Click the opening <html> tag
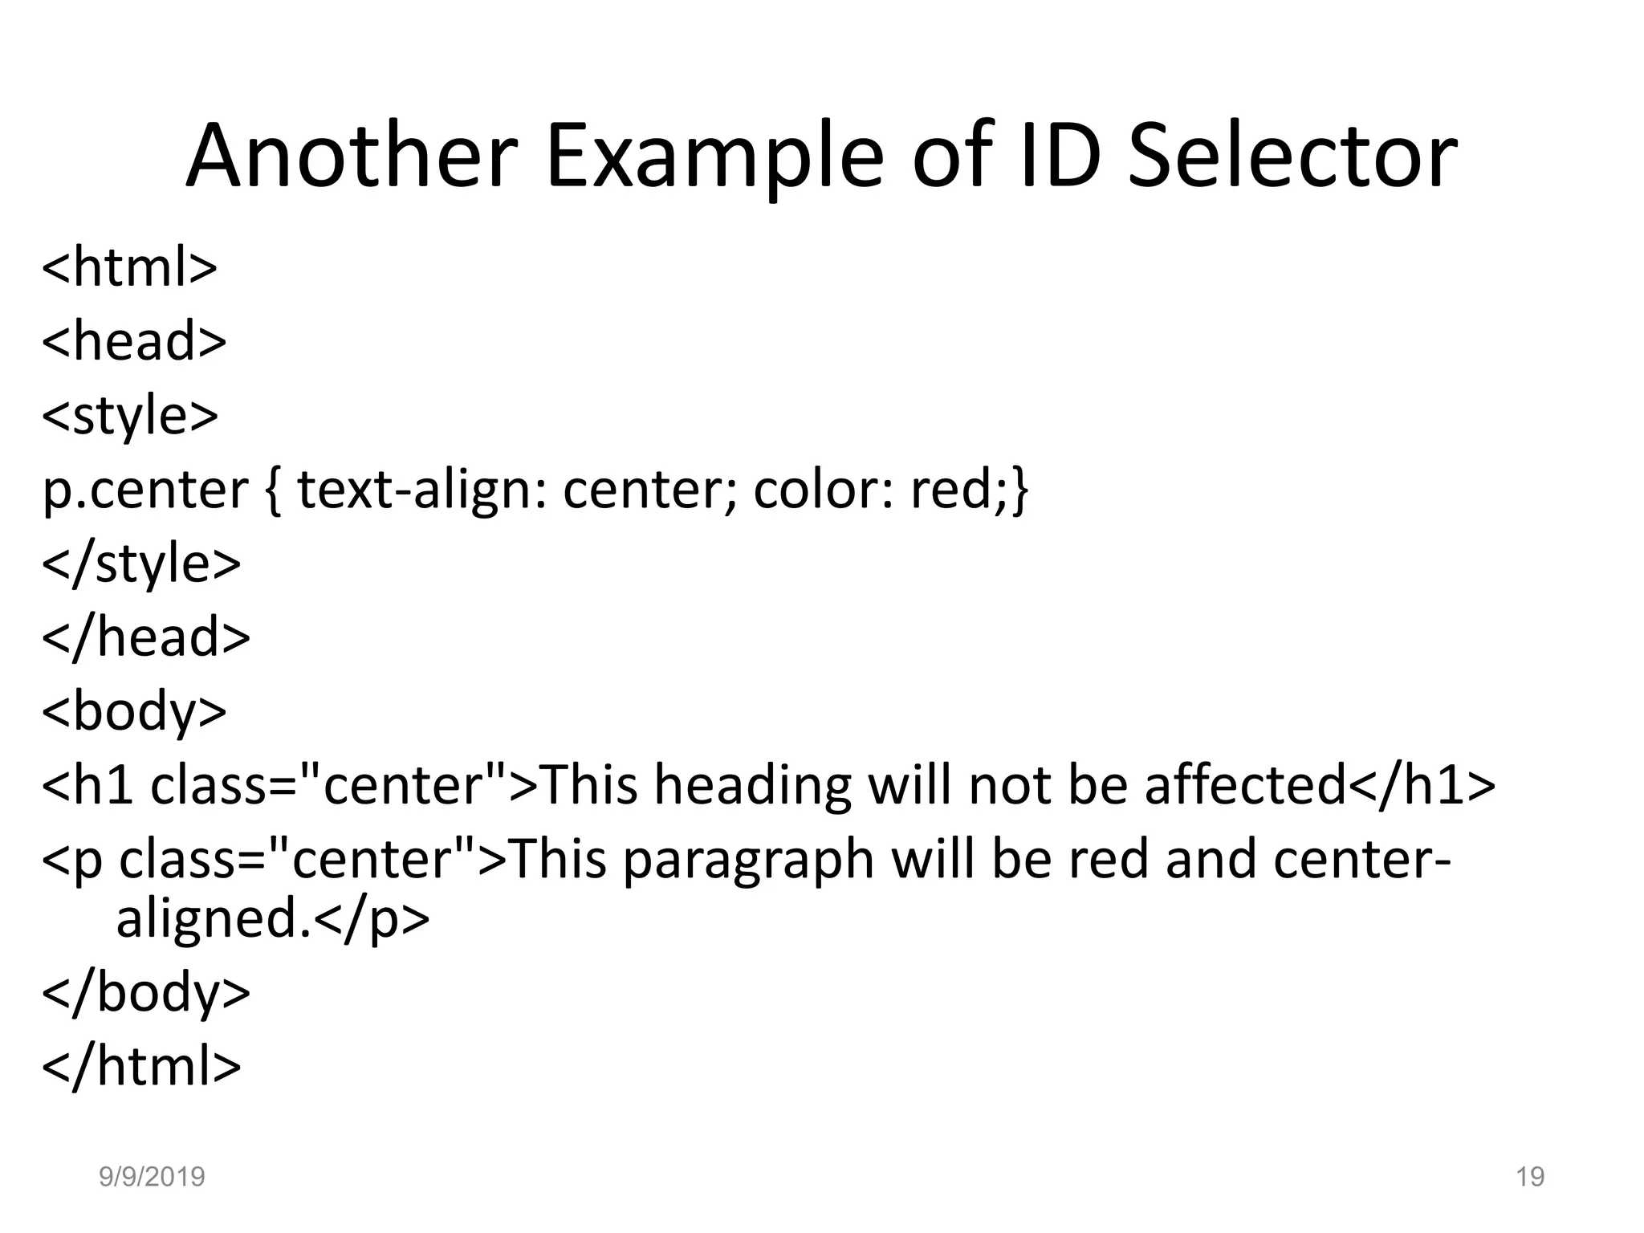(129, 267)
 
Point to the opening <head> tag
(134, 340)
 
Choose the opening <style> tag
(129, 415)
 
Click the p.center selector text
(145, 490)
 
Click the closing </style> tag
(141, 563)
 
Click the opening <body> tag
(134, 711)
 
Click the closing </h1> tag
(1422, 785)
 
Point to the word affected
(1245, 785)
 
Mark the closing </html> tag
(141, 1066)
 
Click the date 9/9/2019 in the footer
(152, 1177)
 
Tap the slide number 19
(1530, 1177)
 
